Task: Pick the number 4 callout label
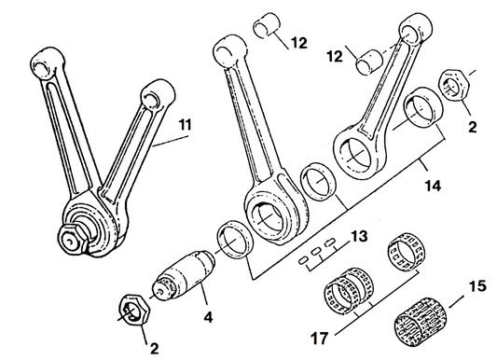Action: [209, 317]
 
